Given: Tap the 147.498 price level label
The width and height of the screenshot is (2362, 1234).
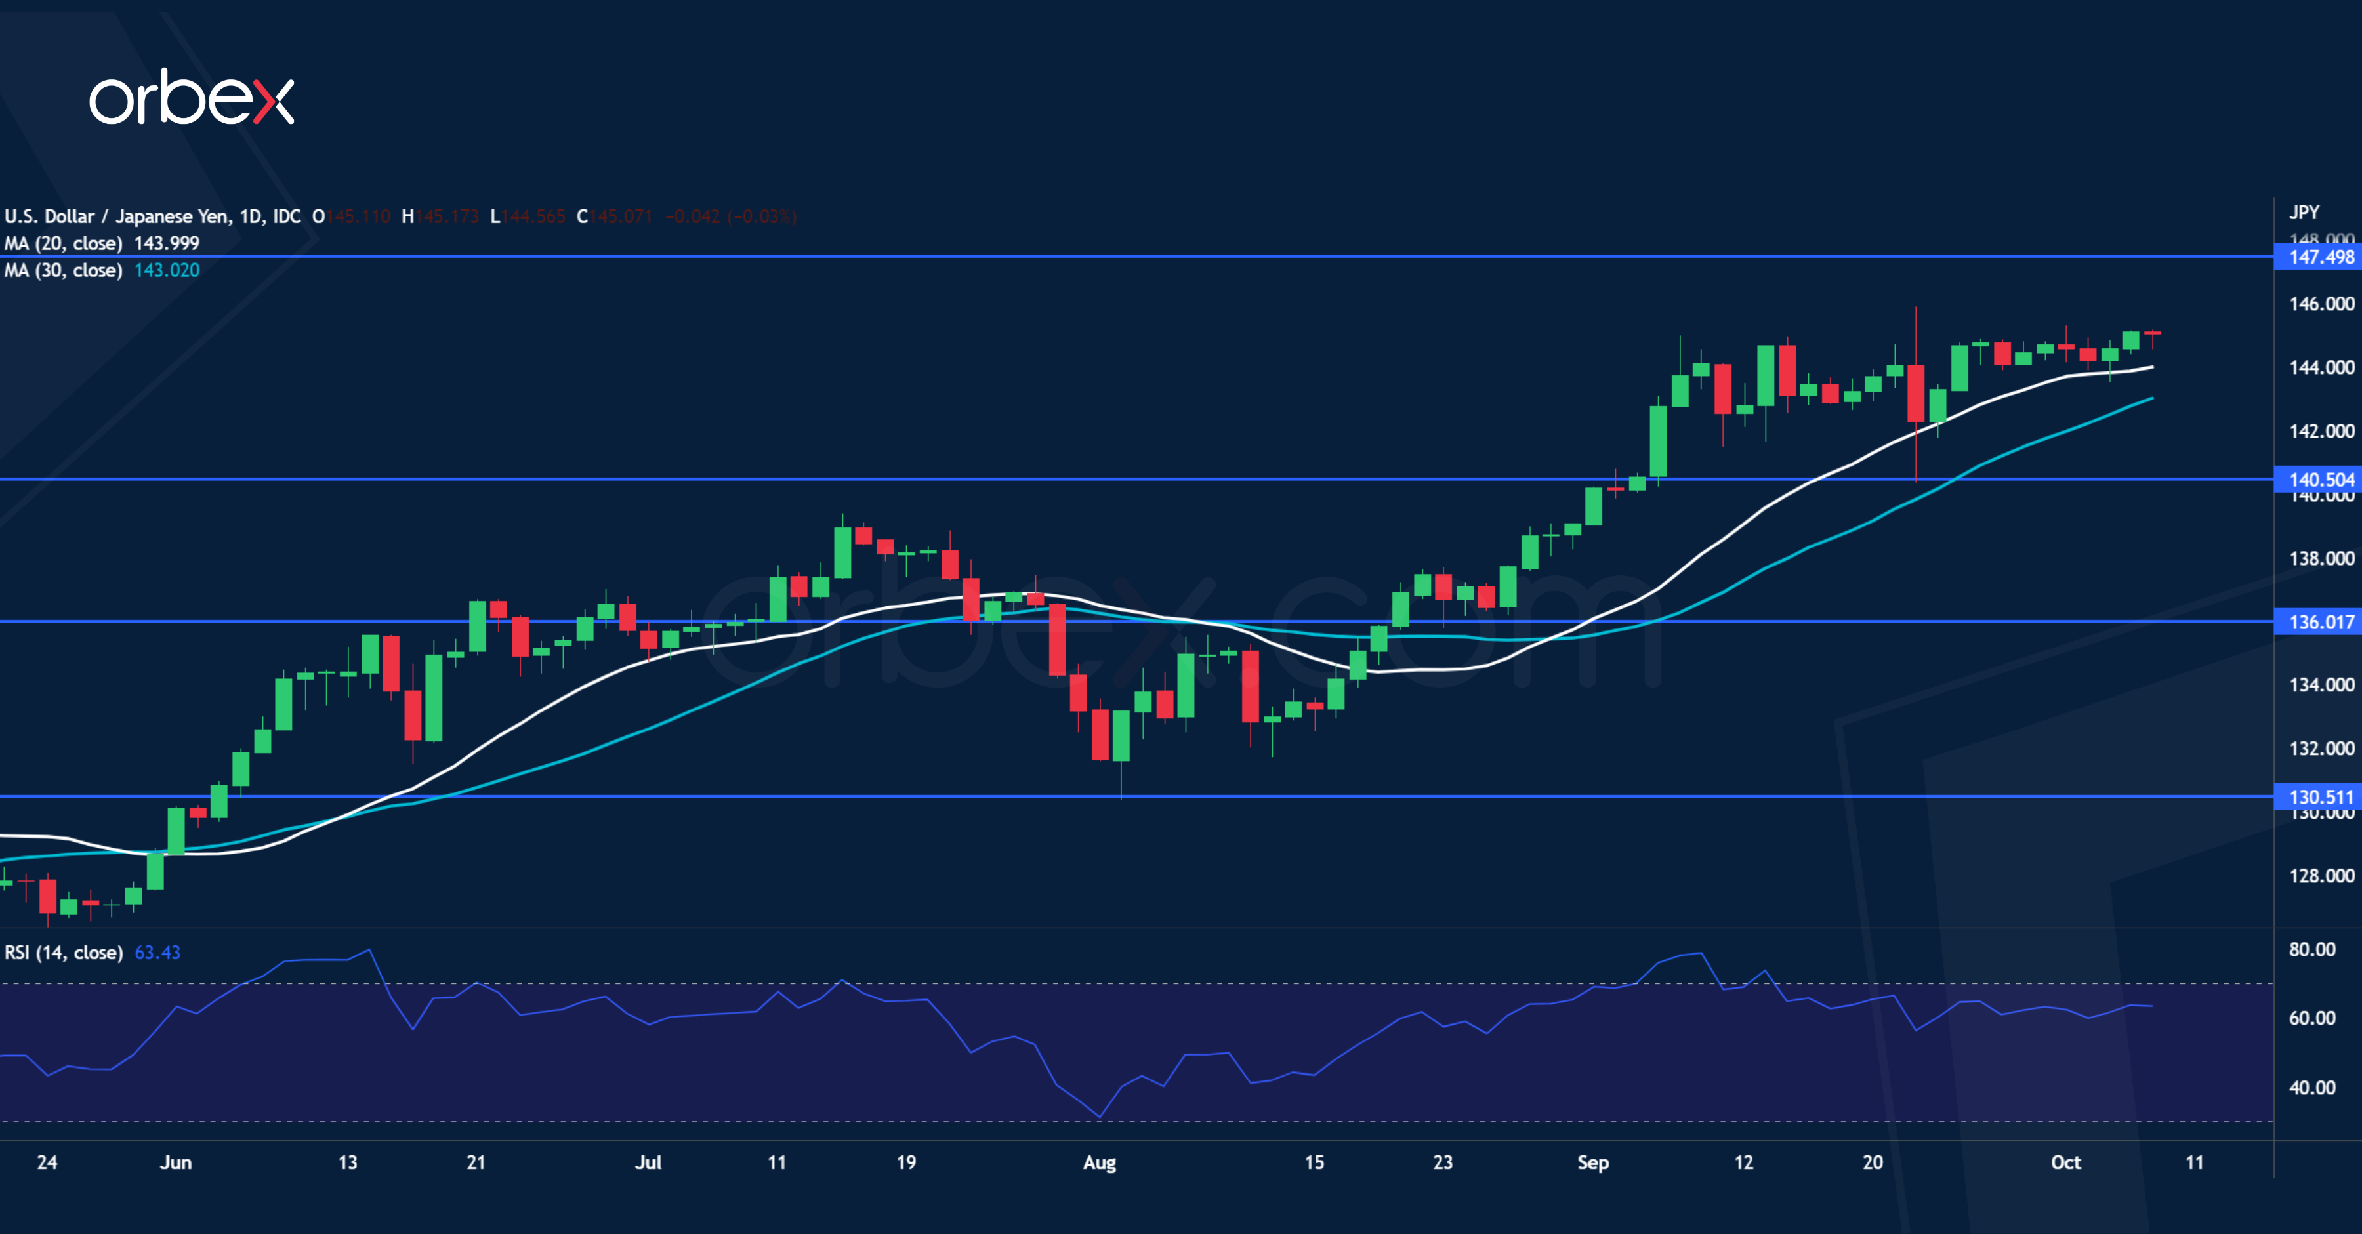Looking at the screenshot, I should click(x=2320, y=257).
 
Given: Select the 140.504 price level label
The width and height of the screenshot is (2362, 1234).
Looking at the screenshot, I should click(x=2320, y=480).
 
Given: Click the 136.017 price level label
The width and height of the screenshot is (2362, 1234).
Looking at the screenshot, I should click(x=2320, y=621).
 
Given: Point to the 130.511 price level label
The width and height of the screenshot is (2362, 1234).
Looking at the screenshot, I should click(x=2320, y=796).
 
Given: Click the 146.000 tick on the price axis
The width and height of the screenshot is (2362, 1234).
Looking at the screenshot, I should click(x=2321, y=304).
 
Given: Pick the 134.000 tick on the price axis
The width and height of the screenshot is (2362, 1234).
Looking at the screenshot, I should click(x=2321, y=685).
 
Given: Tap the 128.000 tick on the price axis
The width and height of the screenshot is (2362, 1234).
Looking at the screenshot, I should click(x=2321, y=876).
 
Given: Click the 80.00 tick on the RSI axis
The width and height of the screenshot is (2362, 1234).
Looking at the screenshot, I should click(x=2311, y=949).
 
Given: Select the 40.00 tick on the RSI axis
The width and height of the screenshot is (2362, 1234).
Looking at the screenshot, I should click(x=2311, y=1087).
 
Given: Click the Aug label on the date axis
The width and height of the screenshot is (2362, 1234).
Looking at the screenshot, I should click(x=1100, y=1162).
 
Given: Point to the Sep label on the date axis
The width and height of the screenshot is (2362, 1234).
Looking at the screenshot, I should click(x=1592, y=1162).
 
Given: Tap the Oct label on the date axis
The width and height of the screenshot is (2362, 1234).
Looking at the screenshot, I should click(x=2065, y=1162).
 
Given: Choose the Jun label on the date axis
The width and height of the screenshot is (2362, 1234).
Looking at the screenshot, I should click(x=176, y=1162).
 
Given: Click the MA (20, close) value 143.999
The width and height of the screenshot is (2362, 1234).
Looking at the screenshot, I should click(x=166, y=243).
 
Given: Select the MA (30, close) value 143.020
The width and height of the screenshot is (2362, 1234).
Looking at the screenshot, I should click(x=166, y=270).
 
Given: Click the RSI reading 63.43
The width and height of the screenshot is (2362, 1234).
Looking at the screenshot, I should click(x=157, y=953).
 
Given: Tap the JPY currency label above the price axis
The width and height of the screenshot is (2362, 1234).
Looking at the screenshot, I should click(x=2304, y=213).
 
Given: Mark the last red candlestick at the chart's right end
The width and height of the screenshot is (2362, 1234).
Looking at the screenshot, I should click(x=2152, y=334).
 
